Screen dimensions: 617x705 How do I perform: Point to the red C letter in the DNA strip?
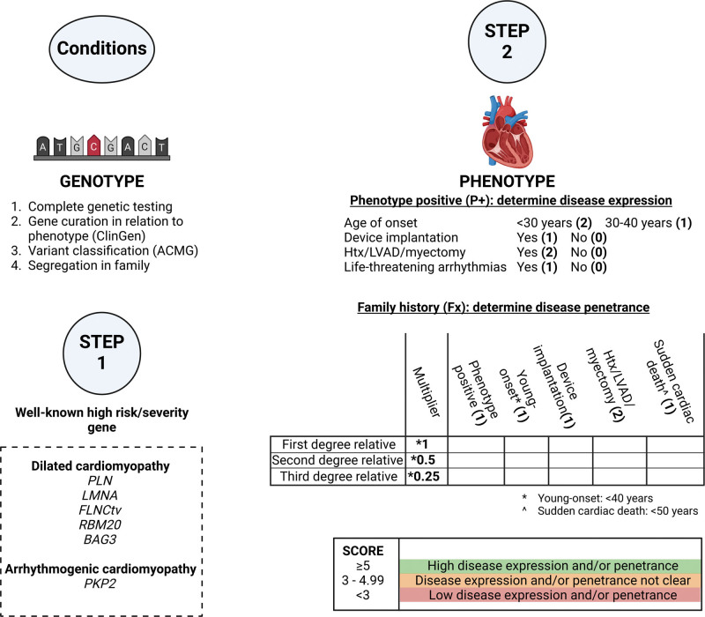pyautogui.click(x=94, y=145)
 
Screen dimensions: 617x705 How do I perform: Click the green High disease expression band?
pyautogui.click(x=549, y=565)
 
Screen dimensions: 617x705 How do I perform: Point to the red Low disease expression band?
pyautogui.click(x=549, y=597)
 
